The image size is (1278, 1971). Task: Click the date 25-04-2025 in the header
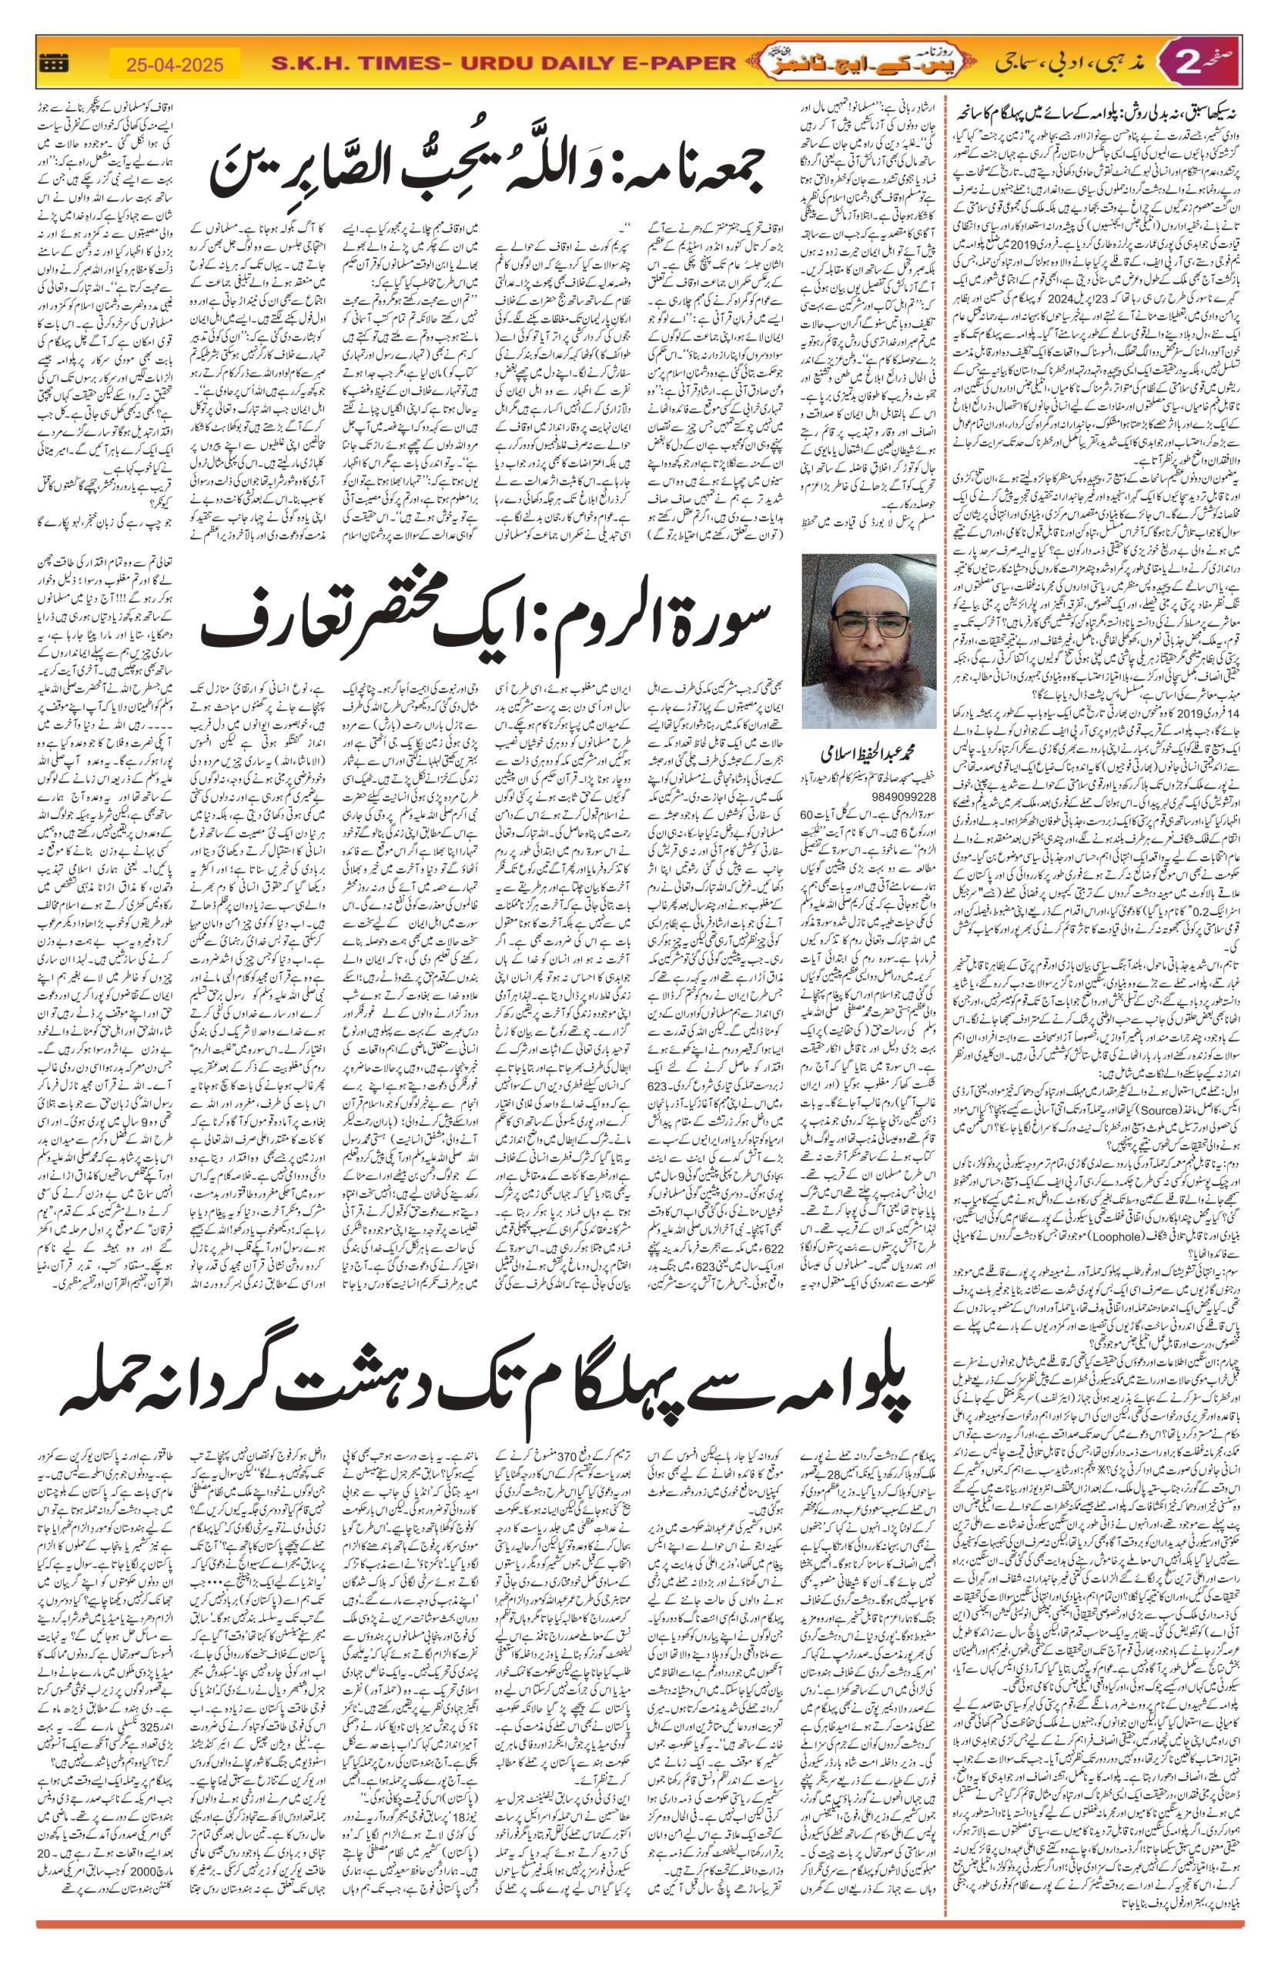175,62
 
